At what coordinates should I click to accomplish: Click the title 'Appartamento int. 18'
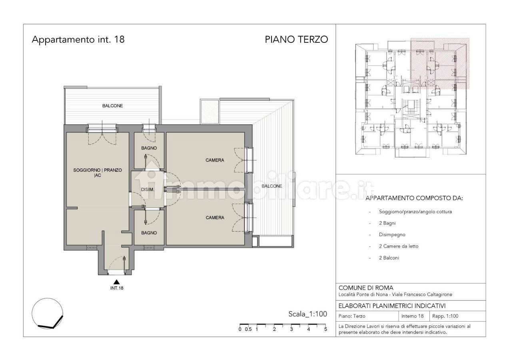(78, 40)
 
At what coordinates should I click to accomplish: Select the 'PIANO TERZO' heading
(296, 40)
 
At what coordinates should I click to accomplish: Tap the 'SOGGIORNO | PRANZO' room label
(98, 170)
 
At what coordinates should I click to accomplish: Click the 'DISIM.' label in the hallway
(148, 190)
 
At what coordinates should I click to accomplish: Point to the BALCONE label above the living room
(112, 106)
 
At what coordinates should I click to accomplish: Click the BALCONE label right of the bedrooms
(272, 186)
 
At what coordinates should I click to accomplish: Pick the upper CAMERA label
(215, 160)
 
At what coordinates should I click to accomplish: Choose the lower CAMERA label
(215, 218)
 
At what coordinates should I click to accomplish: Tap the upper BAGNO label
(149, 148)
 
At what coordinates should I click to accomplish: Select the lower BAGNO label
(149, 233)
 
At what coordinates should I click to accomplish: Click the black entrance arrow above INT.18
(117, 282)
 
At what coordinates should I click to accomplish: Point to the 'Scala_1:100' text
(307, 314)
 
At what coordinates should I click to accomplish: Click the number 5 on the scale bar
(325, 329)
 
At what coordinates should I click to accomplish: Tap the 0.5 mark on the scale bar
(248, 329)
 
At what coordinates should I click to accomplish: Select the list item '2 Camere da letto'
(399, 246)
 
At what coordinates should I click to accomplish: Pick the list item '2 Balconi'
(389, 258)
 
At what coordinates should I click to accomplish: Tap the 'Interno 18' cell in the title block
(412, 316)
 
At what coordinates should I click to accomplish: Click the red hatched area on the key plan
(440, 63)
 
